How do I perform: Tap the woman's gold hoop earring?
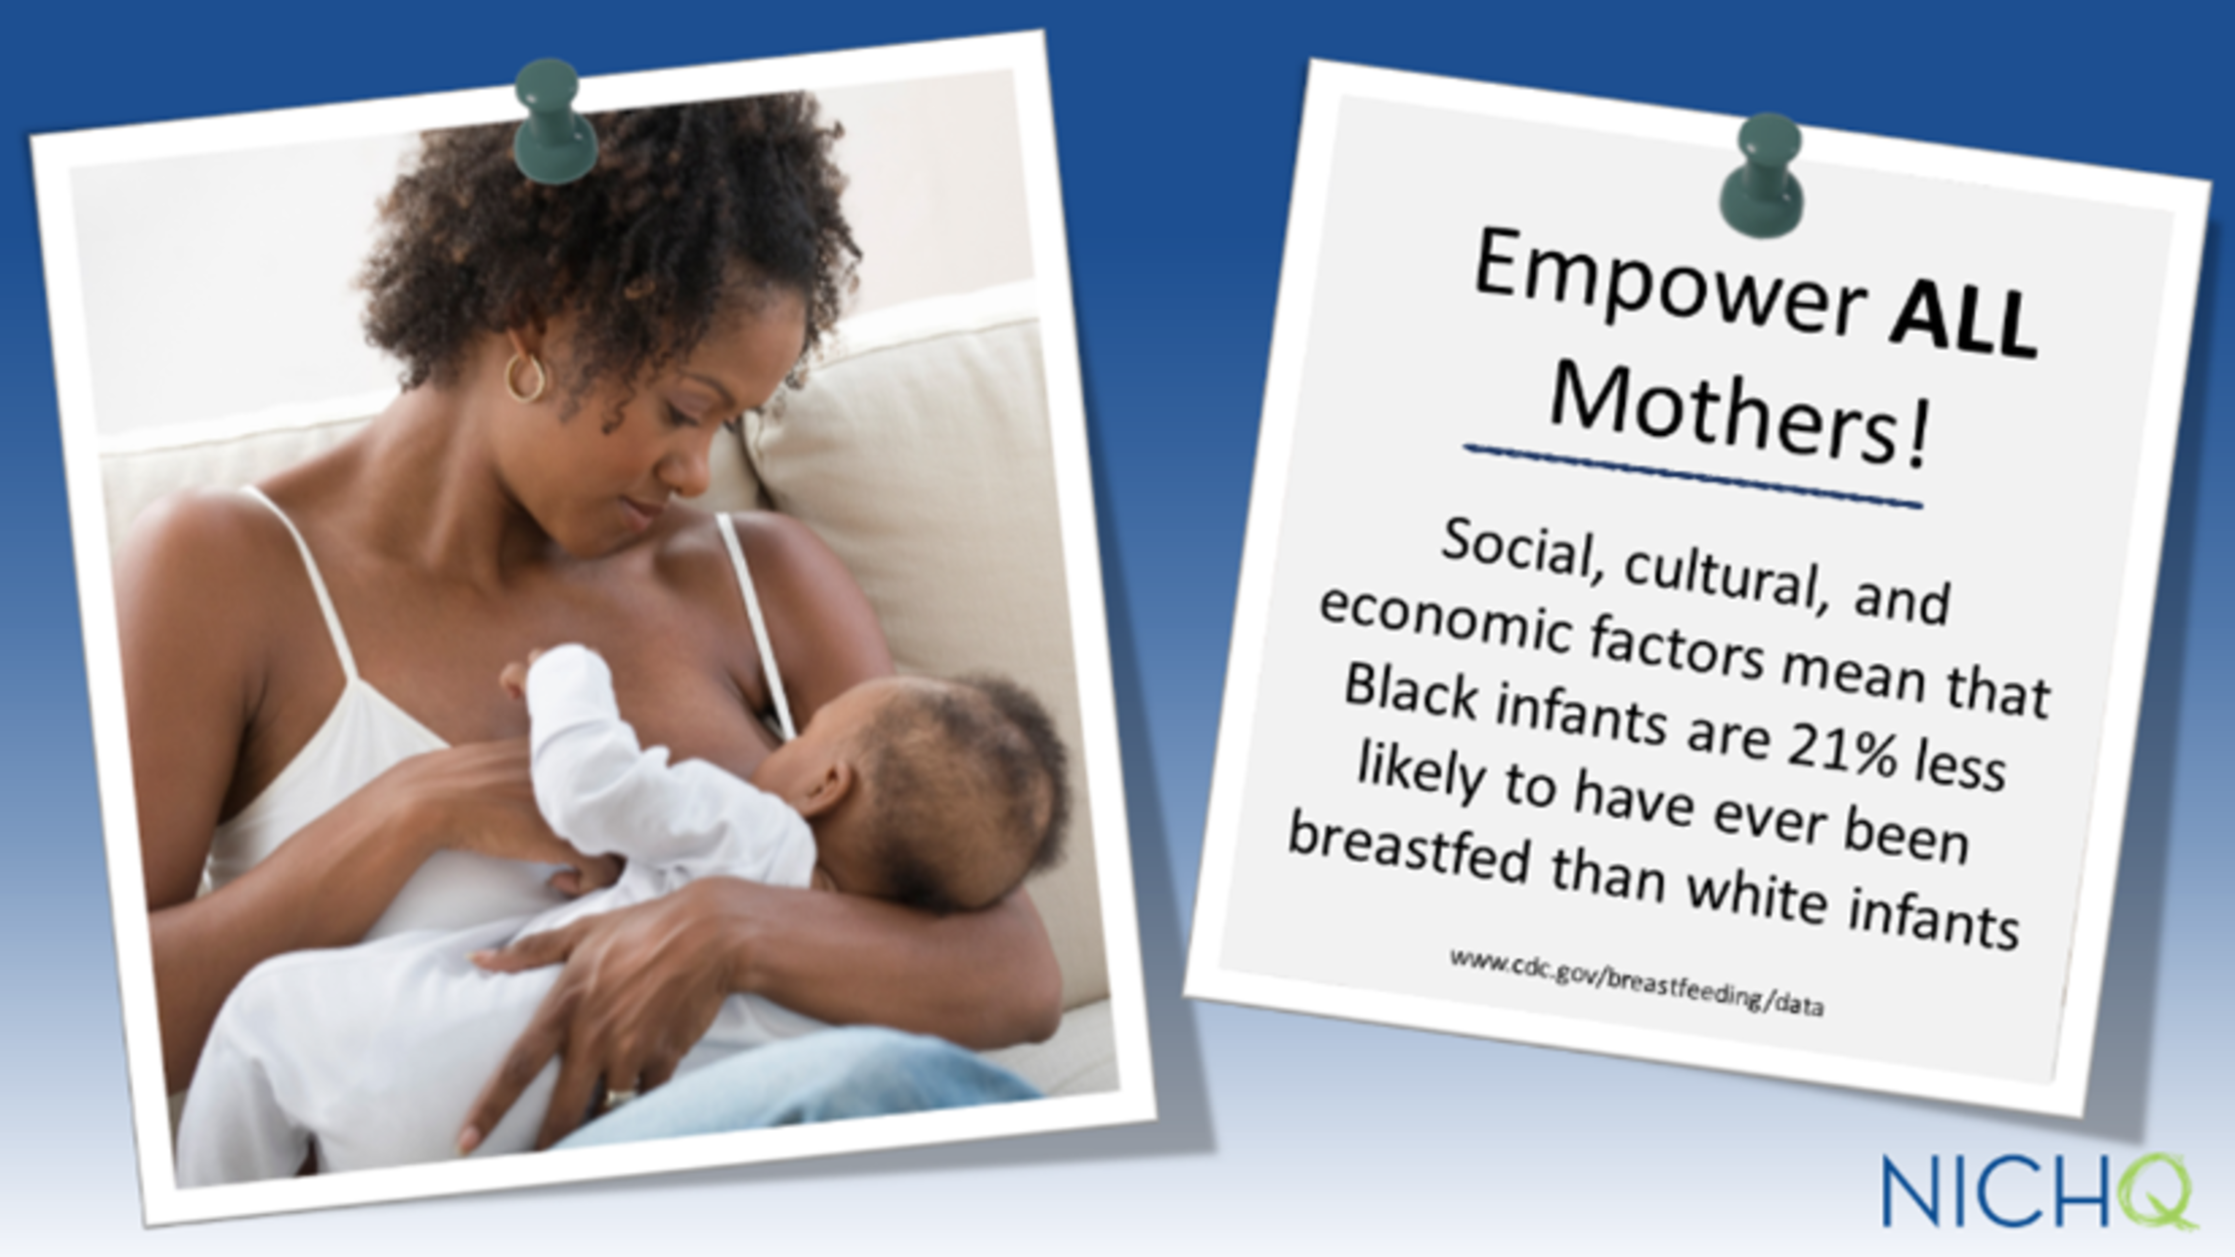pyautogui.click(x=524, y=376)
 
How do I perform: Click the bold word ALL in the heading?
pyautogui.click(x=1962, y=315)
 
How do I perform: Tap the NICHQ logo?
pyautogui.click(x=2039, y=1191)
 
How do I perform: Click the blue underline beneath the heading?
pyautogui.click(x=1692, y=477)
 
